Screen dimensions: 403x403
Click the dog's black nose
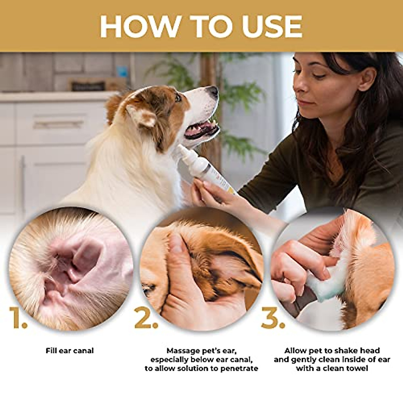213,90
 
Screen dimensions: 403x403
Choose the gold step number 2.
146,317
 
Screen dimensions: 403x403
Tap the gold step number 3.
273,317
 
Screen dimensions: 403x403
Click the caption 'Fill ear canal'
70,351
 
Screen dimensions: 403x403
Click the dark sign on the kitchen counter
87,86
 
